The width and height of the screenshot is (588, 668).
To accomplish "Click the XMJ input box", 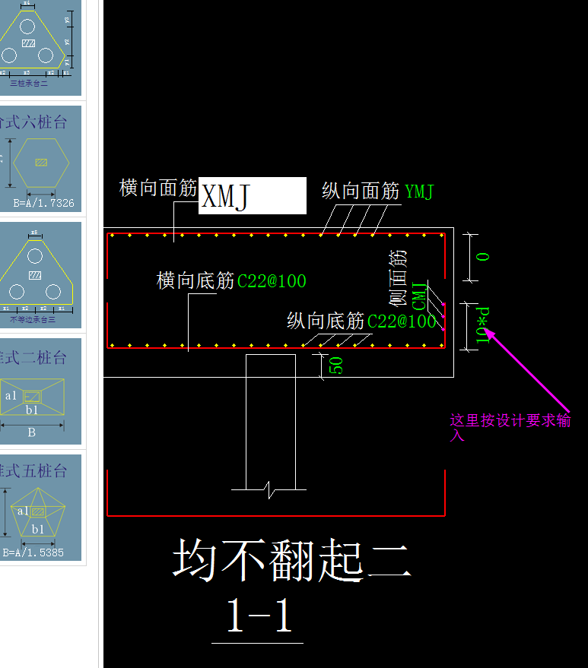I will coord(252,196).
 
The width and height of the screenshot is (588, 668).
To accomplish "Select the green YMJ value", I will coord(419,192).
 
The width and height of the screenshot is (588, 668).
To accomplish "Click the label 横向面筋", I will coord(158,188).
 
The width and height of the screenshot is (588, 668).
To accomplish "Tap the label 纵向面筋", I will coord(361,192).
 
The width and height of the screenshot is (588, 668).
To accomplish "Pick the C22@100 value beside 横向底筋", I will coord(272,282).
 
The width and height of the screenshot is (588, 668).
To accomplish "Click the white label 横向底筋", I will coord(195,281).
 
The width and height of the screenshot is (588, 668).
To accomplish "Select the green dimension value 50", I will coord(335,365).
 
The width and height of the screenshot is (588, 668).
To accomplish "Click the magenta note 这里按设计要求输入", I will coord(510,428).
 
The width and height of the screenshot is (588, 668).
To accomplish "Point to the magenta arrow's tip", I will coord(487,329).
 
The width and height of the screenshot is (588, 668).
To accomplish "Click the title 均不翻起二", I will coord(292,561).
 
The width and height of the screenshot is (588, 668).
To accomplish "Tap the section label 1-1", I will coord(259,617).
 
